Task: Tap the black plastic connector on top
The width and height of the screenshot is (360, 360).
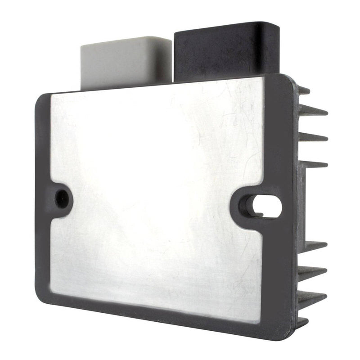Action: tap(225, 49)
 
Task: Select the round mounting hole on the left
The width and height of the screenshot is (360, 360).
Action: tap(63, 197)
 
